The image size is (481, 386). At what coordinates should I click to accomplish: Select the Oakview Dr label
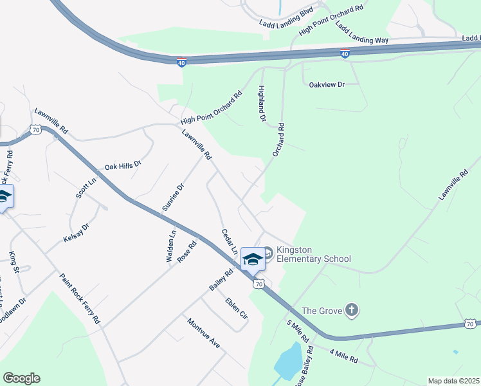(327, 84)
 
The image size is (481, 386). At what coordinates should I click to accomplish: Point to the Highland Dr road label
(262, 104)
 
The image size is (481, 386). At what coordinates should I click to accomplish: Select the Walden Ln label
(172, 245)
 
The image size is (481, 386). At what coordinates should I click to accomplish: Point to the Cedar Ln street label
(230, 241)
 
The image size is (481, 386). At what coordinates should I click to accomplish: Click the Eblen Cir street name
(236, 308)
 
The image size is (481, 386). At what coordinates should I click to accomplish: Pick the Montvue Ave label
(204, 333)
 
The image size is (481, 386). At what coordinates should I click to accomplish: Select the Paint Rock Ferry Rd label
(80, 298)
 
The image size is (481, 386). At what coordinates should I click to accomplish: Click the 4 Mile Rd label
(343, 356)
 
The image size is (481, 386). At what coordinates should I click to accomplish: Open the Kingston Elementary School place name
(313, 254)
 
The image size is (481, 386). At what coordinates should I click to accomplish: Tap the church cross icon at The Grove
(351, 311)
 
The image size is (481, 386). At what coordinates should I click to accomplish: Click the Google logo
(21, 378)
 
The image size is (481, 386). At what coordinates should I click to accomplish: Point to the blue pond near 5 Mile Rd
(288, 361)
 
